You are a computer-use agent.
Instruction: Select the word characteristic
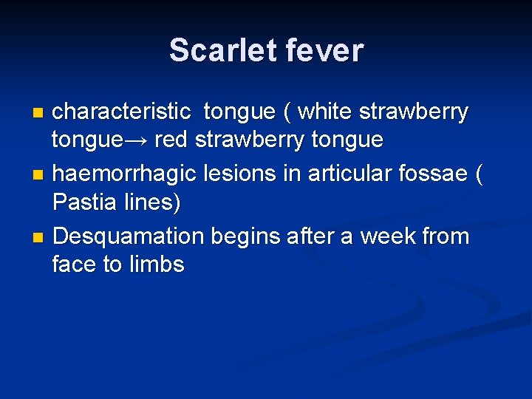[x=122, y=112]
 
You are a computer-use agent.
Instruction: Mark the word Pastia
[x=82, y=202]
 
